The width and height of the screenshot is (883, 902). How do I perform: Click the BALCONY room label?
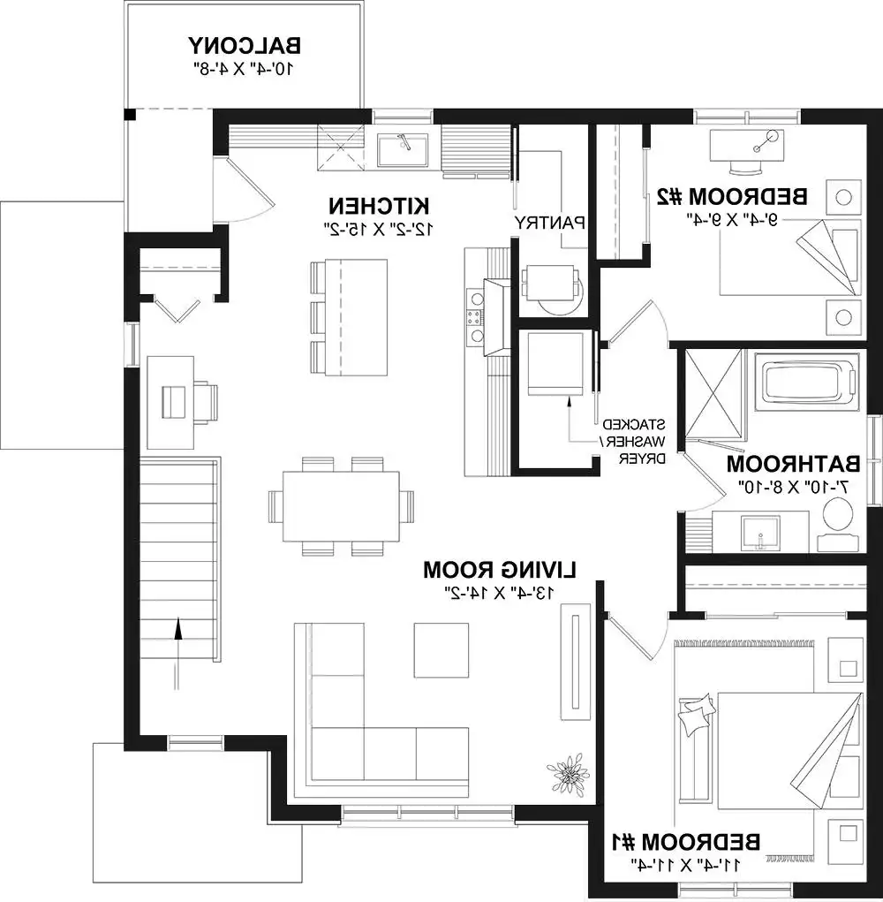coord(245,45)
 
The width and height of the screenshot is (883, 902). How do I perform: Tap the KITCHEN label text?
coord(379,206)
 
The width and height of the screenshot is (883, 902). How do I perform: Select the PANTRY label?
coord(549,223)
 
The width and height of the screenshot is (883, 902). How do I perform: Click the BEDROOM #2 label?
coord(732,197)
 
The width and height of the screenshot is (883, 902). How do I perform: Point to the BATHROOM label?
coord(793,464)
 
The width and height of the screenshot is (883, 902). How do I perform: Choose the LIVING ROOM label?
coord(500,570)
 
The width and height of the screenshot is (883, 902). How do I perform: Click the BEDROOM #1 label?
coord(685,843)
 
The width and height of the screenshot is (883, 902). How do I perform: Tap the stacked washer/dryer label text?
coord(634,442)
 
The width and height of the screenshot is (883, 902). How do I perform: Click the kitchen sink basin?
coord(403,149)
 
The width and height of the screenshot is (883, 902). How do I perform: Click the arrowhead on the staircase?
coord(178,628)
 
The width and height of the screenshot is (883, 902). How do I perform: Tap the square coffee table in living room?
coord(441,650)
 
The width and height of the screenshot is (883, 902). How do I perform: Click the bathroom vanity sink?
coord(760,533)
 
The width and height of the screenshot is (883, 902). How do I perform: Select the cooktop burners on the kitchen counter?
coord(475,315)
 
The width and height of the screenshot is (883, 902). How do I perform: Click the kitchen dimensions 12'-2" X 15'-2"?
coord(379,229)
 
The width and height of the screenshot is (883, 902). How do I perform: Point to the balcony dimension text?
coord(245,68)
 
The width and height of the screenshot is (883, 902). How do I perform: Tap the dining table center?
coord(342,506)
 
